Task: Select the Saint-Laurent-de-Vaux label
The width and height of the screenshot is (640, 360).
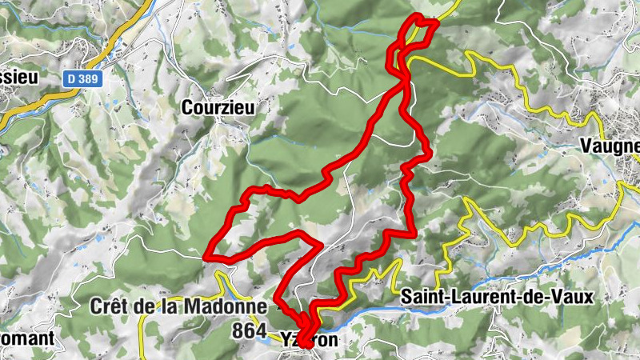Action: pos(497,297)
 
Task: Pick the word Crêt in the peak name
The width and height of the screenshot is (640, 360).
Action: pos(110,306)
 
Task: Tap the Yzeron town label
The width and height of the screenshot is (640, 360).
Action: pos(310,340)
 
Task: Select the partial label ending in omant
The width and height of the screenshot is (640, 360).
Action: pos(27,338)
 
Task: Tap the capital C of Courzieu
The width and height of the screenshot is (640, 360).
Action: pos(187,106)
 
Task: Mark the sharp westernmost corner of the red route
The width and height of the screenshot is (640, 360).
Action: pos(207,257)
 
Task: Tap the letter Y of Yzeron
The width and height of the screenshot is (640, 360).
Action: pos(286,340)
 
